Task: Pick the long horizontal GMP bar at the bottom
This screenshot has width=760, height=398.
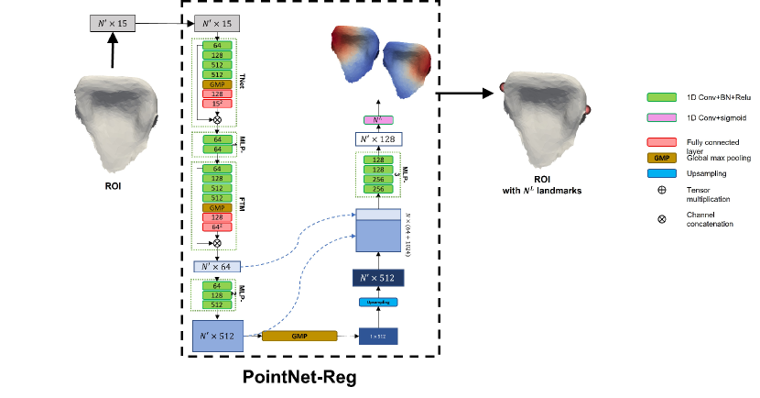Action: pyautogui.click(x=299, y=337)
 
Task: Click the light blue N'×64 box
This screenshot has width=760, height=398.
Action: pyautogui.click(x=217, y=266)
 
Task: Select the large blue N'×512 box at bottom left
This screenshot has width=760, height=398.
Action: pyautogui.click(x=217, y=336)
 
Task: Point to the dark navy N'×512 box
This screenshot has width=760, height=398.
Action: pyautogui.click(x=378, y=276)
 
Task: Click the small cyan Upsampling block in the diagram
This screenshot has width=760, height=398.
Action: pyautogui.click(x=378, y=302)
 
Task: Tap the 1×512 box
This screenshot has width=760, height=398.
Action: pyautogui.click(x=378, y=337)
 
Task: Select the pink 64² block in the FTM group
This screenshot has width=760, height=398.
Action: pyautogui.click(x=217, y=227)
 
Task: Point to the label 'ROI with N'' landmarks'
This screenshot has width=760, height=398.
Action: pyautogui.click(x=547, y=185)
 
